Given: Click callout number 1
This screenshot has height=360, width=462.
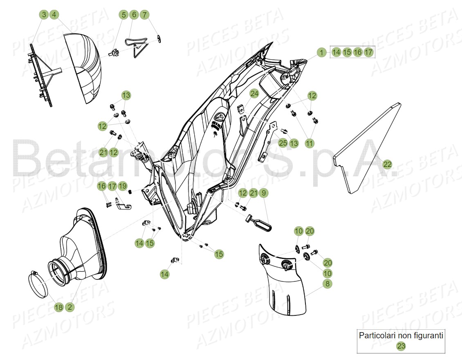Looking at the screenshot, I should (322, 52).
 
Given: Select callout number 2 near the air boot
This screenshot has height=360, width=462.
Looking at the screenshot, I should (70, 307).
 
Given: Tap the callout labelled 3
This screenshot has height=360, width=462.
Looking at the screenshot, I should (44, 15).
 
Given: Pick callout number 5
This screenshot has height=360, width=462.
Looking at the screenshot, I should (123, 15).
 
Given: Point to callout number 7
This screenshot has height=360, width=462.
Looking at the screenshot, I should (144, 15).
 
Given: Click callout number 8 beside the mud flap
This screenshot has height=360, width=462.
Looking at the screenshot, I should (327, 283).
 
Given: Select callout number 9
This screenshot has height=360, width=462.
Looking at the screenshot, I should (264, 193).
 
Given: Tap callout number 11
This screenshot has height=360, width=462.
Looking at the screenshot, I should (309, 143).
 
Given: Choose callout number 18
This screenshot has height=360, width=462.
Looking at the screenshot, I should (59, 307).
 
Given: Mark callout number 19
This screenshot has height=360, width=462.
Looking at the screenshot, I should (123, 186).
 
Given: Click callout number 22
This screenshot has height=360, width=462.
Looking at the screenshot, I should (387, 164).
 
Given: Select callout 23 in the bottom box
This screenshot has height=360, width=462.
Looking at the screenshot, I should (401, 346).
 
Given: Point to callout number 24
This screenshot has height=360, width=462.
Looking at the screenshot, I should (254, 94).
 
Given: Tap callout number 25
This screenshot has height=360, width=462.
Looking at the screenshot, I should (283, 143).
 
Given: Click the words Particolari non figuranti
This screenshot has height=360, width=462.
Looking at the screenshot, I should (401, 335).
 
